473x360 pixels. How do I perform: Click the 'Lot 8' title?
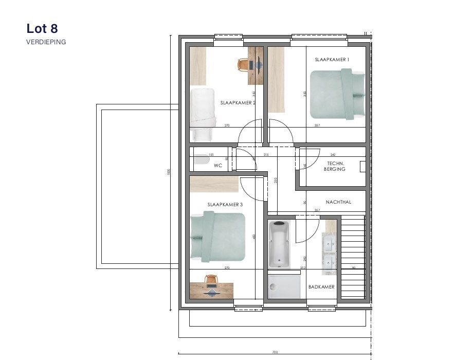45,28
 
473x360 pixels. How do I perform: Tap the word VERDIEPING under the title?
46,42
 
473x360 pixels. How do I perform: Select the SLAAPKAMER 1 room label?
332,60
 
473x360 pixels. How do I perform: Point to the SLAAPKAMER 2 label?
238,103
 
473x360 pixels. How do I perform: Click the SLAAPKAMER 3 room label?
225,205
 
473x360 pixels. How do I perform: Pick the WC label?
217,166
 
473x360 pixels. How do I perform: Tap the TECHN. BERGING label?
335,166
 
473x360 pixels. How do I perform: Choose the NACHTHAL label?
338,202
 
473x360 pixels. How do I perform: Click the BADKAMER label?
321,286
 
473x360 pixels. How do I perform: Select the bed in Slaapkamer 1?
337,95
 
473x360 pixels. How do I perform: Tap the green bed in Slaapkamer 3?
217,237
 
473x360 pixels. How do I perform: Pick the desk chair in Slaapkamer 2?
243,64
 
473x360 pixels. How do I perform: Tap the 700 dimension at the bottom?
275,352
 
